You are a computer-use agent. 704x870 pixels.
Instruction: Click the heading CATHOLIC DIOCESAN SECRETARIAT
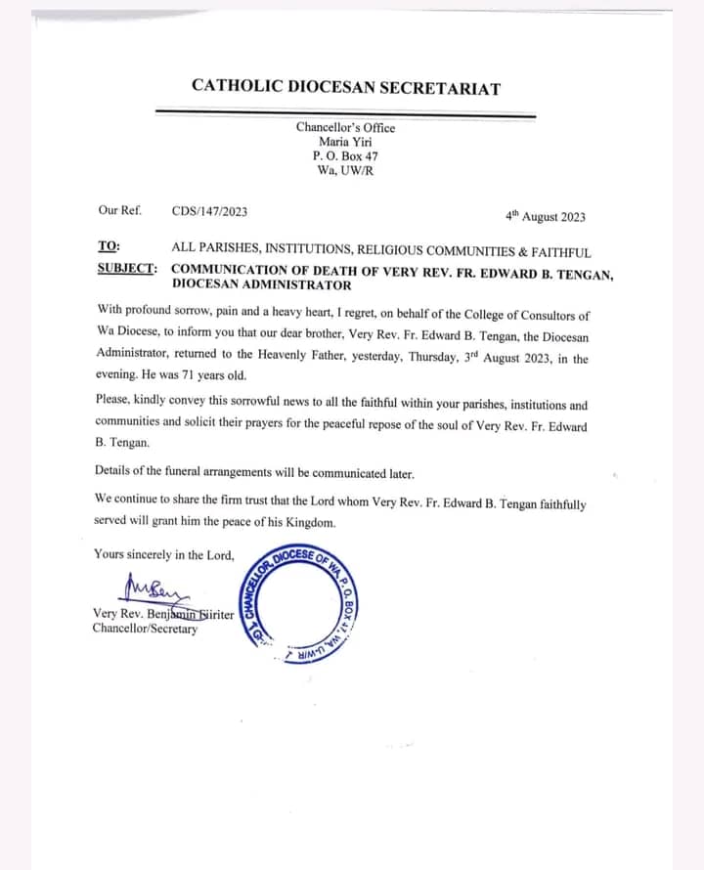345,87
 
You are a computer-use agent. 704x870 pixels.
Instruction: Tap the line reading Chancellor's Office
345,127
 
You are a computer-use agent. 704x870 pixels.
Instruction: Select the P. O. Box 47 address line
345,155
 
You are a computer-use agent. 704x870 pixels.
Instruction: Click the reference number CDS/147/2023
209,210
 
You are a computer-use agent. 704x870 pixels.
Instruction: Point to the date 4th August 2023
545,216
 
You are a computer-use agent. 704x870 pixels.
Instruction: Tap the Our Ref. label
119,210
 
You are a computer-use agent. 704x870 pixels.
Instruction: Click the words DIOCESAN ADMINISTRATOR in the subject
261,285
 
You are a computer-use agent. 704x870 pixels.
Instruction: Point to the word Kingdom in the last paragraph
311,522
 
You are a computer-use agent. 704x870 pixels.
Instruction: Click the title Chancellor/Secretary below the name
145,629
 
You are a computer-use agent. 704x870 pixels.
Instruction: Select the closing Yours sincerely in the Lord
164,554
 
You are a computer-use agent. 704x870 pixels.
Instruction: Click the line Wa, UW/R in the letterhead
345,170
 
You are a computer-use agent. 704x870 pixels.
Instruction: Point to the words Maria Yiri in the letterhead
345,142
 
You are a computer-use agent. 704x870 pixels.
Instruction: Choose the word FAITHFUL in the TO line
561,251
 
